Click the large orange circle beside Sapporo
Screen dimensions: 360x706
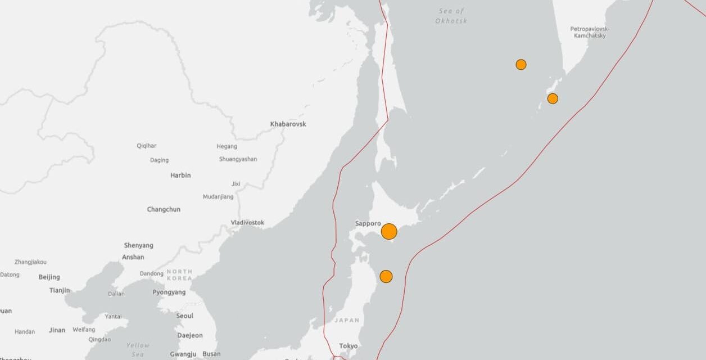click(x=389, y=231)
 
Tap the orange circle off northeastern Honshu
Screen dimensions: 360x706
click(x=386, y=276)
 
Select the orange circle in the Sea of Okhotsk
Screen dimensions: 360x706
click(x=521, y=65)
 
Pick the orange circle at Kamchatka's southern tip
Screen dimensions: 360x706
click(x=553, y=99)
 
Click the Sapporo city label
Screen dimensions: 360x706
click(x=368, y=223)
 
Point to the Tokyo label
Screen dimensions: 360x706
click(x=348, y=346)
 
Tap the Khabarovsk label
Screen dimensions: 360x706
click(x=288, y=124)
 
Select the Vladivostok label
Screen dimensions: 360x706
click(x=247, y=223)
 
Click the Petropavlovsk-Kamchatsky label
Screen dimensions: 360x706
click(x=590, y=32)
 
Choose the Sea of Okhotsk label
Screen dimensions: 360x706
click(x=451, y=16)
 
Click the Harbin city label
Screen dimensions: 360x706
click(x=180, y=175)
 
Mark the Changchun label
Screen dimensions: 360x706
click(x=164, y=209)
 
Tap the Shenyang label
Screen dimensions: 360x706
click(x=138, y=245)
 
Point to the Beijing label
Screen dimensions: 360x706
click(x=49, y=277)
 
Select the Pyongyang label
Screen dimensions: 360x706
click(x=169, y=292)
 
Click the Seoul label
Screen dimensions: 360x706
click(x=184, y=316)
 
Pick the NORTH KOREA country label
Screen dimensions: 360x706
click(x=179, y=275)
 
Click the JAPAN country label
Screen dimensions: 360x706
click(x=347, y=320)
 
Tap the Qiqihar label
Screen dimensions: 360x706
click(x=147, y=146)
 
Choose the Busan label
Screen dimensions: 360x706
click(x=211, y=354)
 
